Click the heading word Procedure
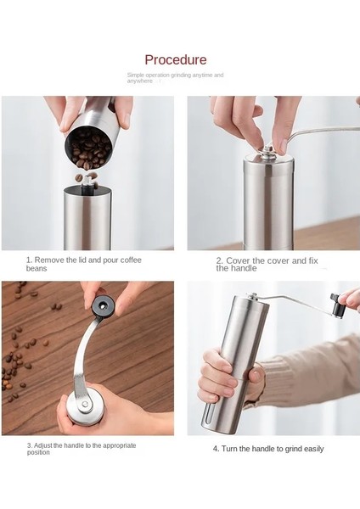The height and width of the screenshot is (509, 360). pos(176,59)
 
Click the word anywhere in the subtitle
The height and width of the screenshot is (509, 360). pos(140,81)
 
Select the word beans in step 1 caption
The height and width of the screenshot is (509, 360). pos(37,268)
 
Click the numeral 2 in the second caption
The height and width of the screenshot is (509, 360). pos(219,260)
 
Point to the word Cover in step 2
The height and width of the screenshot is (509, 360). pos(238,260)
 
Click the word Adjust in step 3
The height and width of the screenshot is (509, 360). pos(43,445)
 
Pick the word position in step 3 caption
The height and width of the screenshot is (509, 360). pos(38,452)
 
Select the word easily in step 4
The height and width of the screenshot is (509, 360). pos(314,449)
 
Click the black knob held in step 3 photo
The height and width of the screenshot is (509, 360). pos(103,306)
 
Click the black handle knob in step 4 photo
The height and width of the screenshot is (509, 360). pos(336,305)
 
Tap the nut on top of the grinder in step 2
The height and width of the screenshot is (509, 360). pos(267,151)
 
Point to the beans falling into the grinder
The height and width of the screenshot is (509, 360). pos(87,177)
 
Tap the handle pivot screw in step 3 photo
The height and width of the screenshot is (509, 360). pos(85,404)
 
